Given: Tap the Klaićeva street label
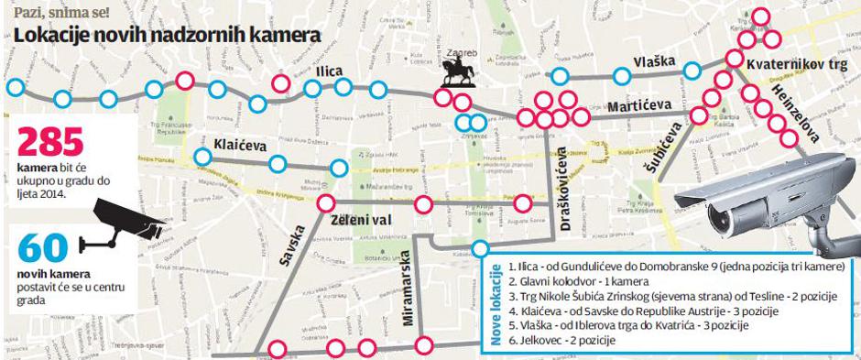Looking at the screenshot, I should (239, 144).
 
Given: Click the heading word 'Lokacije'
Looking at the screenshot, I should (54, 36).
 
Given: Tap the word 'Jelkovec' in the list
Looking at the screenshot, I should (540, 341).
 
